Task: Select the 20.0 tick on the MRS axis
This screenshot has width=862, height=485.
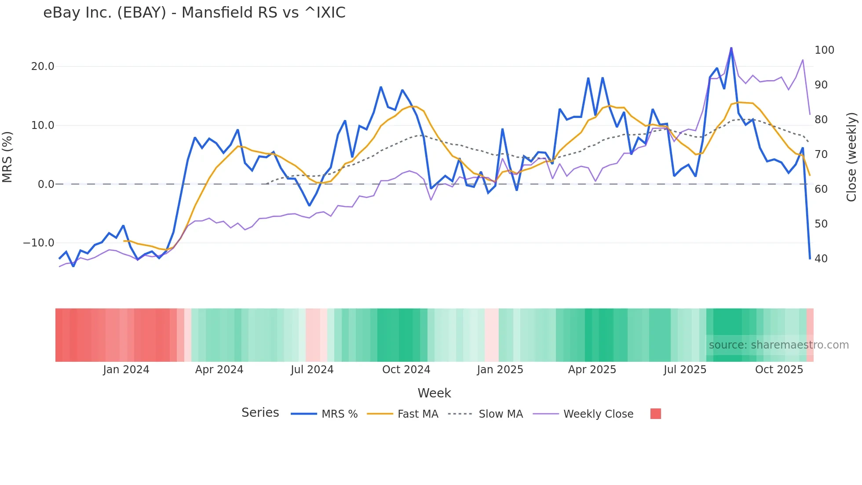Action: click(42, 66)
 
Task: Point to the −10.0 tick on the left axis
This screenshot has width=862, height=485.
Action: click(39, 243)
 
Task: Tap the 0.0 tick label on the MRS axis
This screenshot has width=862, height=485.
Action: click(46, 184)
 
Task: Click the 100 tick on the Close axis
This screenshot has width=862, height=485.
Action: click(824, 50)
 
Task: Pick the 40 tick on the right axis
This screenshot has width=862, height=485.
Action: click(821, 259)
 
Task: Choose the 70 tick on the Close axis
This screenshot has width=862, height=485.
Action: click(821, 154)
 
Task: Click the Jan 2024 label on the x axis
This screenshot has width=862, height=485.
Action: click(126, 370)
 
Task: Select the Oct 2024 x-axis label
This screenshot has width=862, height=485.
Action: click(406, 370)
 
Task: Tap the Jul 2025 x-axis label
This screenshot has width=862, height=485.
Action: click(685, 370)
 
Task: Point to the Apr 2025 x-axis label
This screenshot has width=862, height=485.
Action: click(592, 370)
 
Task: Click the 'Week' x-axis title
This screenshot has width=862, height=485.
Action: click(434, 393)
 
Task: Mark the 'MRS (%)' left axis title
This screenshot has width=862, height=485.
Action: click(7, 157)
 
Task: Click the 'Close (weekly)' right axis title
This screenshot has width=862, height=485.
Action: click(851, 157)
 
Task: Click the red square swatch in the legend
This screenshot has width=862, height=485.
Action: click(655, 414)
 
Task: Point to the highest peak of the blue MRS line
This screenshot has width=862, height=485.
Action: click(731, 48)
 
